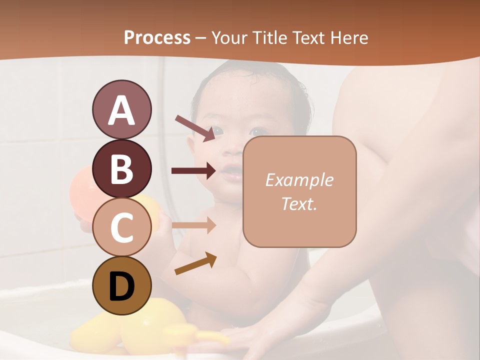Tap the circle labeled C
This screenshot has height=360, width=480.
121,227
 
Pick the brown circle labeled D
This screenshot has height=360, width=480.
121,286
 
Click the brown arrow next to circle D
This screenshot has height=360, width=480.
195,263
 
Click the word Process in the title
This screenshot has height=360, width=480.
157,37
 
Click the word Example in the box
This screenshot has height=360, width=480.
299,180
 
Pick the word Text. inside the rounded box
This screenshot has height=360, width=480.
299,203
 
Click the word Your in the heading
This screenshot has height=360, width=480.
227,37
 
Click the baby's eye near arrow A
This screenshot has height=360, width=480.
220,131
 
